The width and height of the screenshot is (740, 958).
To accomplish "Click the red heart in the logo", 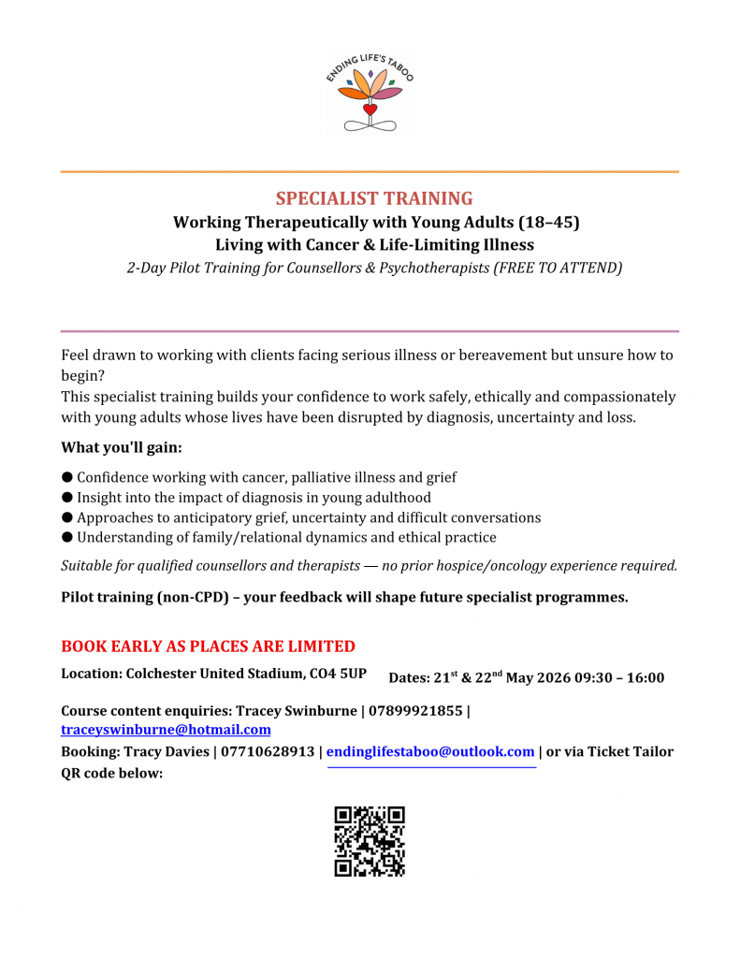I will click(x=370, y=109).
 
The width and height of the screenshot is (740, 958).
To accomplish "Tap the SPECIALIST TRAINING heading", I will click(x=374, y=198).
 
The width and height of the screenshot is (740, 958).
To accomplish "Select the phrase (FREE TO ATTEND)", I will click(x=558, y=268).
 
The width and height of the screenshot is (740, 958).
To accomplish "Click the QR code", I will click(x=370, y=841).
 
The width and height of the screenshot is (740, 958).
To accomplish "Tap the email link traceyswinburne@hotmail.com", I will click(x=166, y=730).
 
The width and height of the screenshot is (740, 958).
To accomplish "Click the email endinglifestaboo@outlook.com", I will click(x=430, y=751).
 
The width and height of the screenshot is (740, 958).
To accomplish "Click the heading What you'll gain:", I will click(x=122, y=447).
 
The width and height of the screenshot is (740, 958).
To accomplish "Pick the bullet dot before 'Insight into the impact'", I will click(x=67, y=498).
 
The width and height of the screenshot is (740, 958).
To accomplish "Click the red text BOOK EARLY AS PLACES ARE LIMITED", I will click(x=208, y=646).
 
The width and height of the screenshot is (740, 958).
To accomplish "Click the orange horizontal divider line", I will click(x=370, y=171).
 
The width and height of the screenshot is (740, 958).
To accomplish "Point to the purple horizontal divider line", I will click(x=370, y=331).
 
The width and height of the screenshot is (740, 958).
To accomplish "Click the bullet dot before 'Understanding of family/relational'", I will click(x=67, y=537).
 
